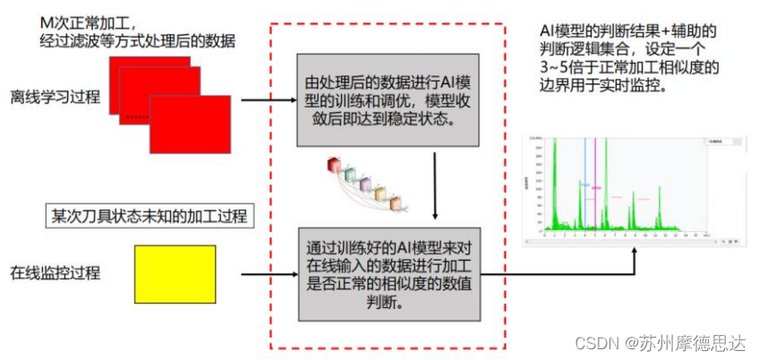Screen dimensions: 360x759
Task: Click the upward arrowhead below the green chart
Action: coord(637,253)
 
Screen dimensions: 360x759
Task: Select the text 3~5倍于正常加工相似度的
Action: coord(625,68)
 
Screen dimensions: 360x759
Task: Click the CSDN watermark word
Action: coord(597,343)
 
